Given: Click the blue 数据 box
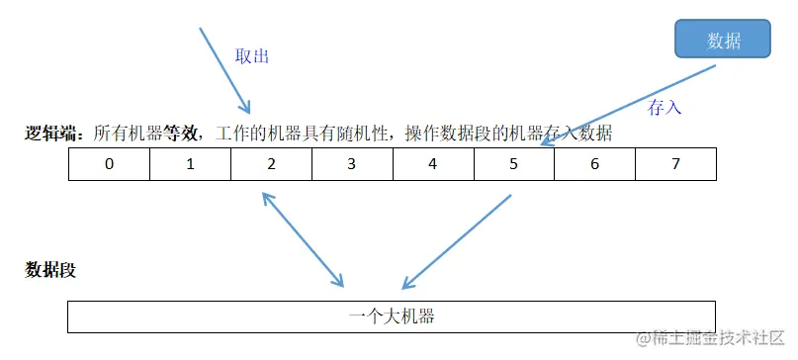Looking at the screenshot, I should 723,41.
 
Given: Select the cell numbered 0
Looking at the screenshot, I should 109,164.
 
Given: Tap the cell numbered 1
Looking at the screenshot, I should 190,164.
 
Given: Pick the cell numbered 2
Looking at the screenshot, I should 271,164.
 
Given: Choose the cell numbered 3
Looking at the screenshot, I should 352,164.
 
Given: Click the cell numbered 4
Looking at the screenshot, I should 433,164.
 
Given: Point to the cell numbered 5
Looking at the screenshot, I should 513,164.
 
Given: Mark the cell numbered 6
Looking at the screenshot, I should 594,164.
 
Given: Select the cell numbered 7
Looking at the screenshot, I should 675,164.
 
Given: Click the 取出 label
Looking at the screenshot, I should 252,56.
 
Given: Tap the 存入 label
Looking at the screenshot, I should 665,106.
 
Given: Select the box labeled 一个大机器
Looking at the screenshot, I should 392,316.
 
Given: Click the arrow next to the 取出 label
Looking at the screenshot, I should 224,69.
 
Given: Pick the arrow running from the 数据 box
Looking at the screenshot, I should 633,105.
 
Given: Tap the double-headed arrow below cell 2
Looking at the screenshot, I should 303,238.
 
